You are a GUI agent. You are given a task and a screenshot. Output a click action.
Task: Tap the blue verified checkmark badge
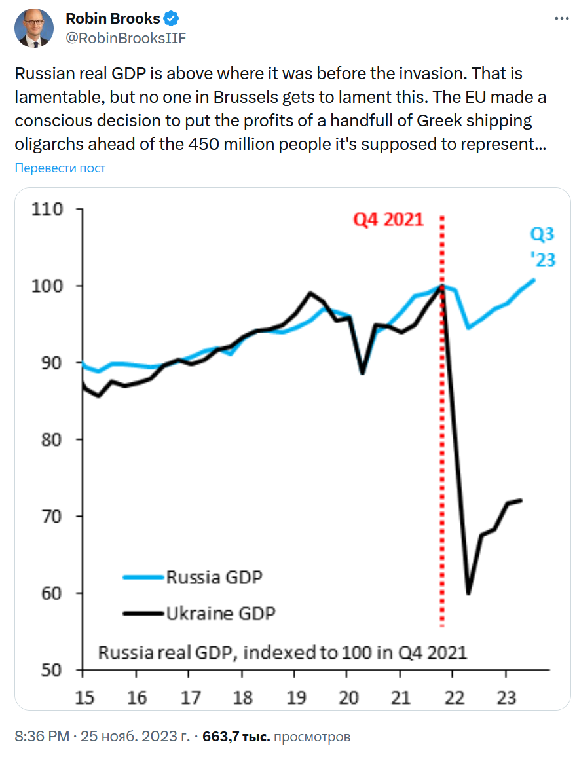172,18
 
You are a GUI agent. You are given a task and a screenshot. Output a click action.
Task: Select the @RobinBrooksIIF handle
126,38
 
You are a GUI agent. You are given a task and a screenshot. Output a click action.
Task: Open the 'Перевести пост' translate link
60,168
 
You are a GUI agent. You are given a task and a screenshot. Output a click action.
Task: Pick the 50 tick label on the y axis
50,670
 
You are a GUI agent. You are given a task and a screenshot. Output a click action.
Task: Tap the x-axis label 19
295,697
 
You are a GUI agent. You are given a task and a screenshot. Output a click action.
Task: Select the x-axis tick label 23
506,697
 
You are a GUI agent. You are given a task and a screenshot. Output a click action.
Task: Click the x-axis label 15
84,697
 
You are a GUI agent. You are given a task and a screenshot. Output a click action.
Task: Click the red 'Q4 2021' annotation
389,219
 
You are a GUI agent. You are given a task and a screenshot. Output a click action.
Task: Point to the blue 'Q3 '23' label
542,247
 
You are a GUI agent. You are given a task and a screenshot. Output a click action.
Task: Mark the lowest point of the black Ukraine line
468,593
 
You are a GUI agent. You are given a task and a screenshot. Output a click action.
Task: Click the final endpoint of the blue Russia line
534,280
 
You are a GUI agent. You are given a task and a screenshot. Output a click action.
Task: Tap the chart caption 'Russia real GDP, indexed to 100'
282,652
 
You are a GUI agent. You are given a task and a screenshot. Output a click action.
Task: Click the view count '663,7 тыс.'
236,737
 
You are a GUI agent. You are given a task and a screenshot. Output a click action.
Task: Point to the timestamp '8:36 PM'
42,737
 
